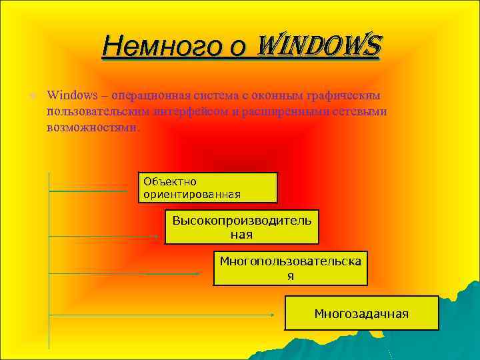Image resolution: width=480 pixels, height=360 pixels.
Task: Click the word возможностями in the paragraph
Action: coord(92,126)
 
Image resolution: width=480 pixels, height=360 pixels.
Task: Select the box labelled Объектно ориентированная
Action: coord(207,187)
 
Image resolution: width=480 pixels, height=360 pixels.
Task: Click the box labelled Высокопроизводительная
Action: coord(242,227)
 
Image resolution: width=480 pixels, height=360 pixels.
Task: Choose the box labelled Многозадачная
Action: coord(362,313)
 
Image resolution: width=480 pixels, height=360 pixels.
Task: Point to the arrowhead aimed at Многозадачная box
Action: coord(272,314)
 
